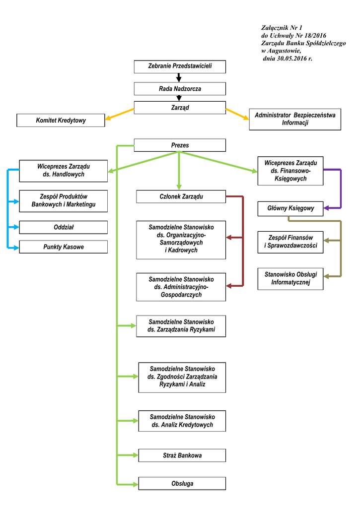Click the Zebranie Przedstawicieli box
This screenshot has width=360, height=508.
[x=180, y=66]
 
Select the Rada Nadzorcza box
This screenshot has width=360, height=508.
[x=180, y=89]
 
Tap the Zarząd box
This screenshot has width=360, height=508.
[x=180, y=108]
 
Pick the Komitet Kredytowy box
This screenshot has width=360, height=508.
[x=61, y=121]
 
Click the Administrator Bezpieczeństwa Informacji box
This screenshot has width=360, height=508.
[x=295, y=119]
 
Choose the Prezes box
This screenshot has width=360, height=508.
[x=180, y=145]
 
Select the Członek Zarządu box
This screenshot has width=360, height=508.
[x=181, y=197]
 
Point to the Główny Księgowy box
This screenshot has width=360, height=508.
[x=290, y=208]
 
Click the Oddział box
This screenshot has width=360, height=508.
[x=63, y=227]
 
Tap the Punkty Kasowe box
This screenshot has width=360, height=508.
[x=63, y=247]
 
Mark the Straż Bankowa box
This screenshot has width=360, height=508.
[x=182, y=455]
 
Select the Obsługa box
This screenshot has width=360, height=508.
[x=182, y=484]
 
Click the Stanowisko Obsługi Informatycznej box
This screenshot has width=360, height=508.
[x=290, y=278]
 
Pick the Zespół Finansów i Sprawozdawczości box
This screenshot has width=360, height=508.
[x=290, y=242]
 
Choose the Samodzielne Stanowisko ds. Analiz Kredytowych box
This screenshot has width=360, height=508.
[x=182, y=421]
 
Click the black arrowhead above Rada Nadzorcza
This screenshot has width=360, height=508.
[x=179, y=78]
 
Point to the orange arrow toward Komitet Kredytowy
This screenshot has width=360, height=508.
[x=119, y=114]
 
